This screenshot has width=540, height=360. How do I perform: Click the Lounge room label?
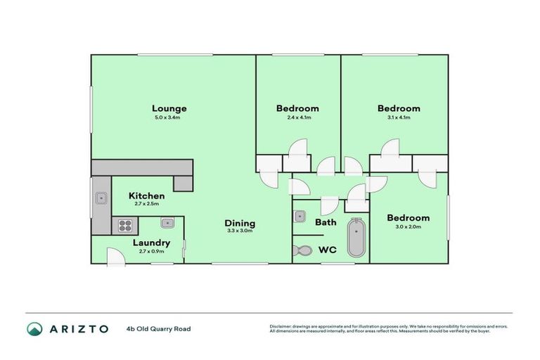point(169,108)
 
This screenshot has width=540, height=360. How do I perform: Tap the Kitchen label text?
point(147,195)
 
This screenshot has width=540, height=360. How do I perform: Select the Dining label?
point(240,224)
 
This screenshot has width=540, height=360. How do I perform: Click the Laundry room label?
point(151,243)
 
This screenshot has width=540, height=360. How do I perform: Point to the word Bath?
point(326,222)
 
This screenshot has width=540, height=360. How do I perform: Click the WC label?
point(328,249)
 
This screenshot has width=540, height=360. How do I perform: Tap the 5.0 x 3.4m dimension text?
point(167,117)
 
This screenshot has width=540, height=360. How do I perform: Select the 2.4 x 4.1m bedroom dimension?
point(297,117)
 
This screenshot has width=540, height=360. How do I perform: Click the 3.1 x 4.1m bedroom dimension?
point(398,117)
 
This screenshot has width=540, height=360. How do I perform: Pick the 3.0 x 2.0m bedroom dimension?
point(407,227)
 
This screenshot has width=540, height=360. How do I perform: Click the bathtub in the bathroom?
point(356,239)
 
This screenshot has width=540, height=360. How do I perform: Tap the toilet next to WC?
point(303,250)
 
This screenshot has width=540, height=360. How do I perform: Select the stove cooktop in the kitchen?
point(125,226)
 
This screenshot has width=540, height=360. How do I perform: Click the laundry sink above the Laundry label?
point(168,223)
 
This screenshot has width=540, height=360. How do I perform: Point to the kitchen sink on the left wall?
point(101,198)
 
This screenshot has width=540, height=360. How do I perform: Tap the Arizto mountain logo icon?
point(34,328)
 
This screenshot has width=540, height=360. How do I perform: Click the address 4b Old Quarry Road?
point(158,328)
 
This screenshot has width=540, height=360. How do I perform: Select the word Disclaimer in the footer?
point(281,326)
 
